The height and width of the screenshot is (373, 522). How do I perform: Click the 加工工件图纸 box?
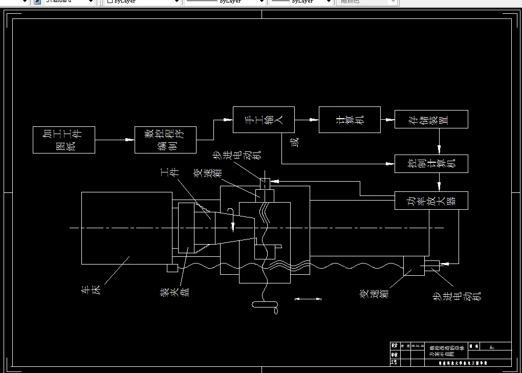click(x=64, y=140)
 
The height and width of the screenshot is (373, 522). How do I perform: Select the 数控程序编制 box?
click(x=165, y=140)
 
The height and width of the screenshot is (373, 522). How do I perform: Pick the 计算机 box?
click(x=350, y=120)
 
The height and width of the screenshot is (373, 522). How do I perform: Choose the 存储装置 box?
click(x=431, y=119)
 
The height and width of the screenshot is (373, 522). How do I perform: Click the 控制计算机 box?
click(x=431, y=164)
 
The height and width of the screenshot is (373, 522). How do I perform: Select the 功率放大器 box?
click(x=431, y=200)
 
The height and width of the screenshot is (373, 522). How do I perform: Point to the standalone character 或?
click(x=294, y=142)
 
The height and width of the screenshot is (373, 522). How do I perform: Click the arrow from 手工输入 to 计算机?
click(x=306, y=120)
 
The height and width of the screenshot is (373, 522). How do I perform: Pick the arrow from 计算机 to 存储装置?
click(x=387, y=120)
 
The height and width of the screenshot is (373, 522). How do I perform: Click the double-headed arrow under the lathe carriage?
click(x=309, y=299)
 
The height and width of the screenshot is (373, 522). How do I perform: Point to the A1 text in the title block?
click(x=492, y=347)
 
